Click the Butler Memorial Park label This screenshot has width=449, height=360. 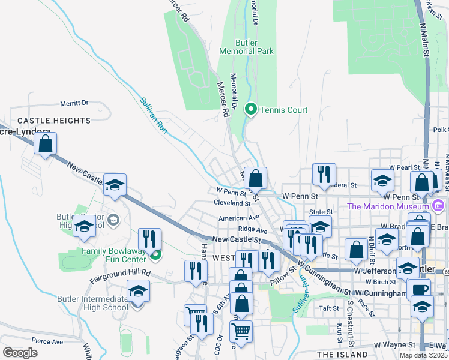coord(255,47)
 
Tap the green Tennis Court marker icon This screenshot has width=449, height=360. coord(250,110)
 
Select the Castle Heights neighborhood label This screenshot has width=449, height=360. coord(54,121)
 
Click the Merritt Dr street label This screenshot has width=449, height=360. coord(74,103)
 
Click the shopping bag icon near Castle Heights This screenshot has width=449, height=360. coord(45,143)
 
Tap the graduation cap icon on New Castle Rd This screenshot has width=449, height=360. coord(115,185)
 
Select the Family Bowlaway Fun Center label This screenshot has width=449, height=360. coord(115,255)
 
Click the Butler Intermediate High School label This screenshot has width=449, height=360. coord(92,303)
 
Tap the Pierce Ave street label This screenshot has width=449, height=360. coord(48,341)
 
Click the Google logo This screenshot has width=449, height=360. coord(20,353)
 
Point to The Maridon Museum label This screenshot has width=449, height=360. coord(388,207)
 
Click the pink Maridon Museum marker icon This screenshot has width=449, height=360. coord(438,207)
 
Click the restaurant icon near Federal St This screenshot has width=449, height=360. coord(324,174)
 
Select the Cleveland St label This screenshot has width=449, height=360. coord(232,203)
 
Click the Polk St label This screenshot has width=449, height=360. coord(441,130)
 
